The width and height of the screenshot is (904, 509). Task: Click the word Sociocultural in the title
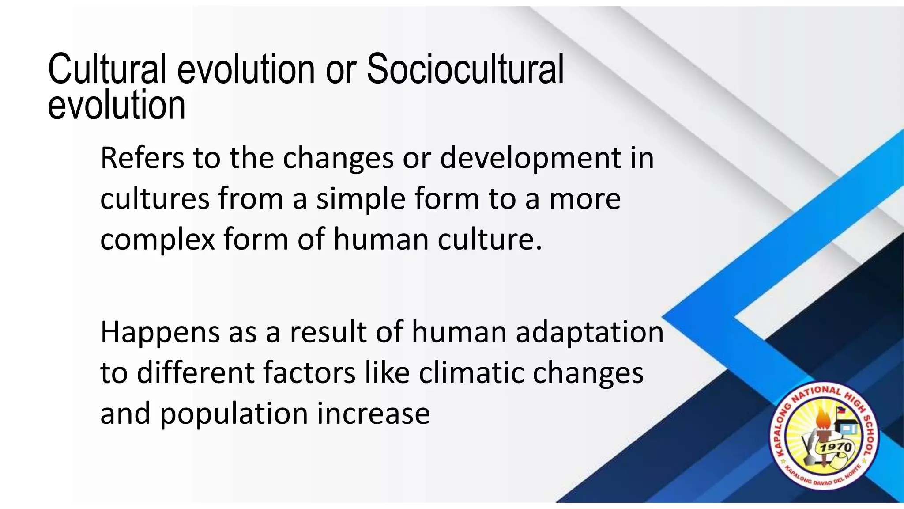pos(465,69)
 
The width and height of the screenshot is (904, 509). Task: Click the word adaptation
pos(589,332)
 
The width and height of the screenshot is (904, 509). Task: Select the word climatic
pos(471,372)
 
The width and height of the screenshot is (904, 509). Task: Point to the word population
pos(234,414)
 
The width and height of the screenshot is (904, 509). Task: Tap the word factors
pos(309,372)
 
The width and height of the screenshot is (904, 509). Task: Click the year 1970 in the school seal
pos(836,448)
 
